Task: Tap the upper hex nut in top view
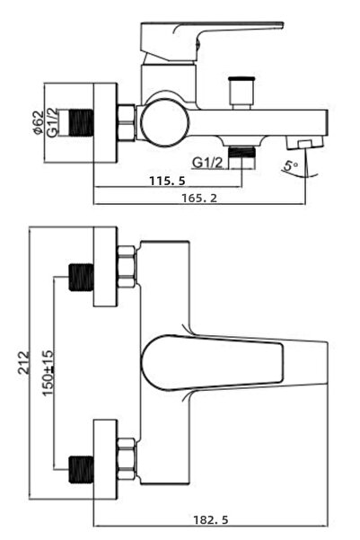tap(127, 267)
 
